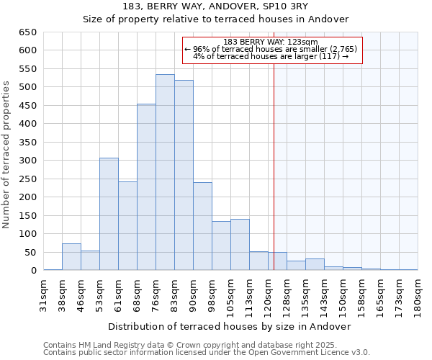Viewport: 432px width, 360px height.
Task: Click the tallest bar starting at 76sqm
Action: click(x=165, y=173)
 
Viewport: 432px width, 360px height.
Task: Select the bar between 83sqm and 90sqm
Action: click(x=184, y=176)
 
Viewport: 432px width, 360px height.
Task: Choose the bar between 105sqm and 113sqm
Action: click(x=240, y=245)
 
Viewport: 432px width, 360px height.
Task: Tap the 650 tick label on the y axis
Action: click(x=27, y=32)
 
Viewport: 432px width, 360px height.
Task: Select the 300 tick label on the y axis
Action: click(x=27, y=161)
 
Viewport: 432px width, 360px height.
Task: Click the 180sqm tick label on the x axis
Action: click(x=418, y=294)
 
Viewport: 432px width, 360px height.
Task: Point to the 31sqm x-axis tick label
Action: click(x=44, y=294)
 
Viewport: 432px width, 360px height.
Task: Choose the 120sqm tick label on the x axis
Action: click(x=268, y=294)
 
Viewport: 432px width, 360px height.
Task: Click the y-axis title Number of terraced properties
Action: click(x=7, y=154)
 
